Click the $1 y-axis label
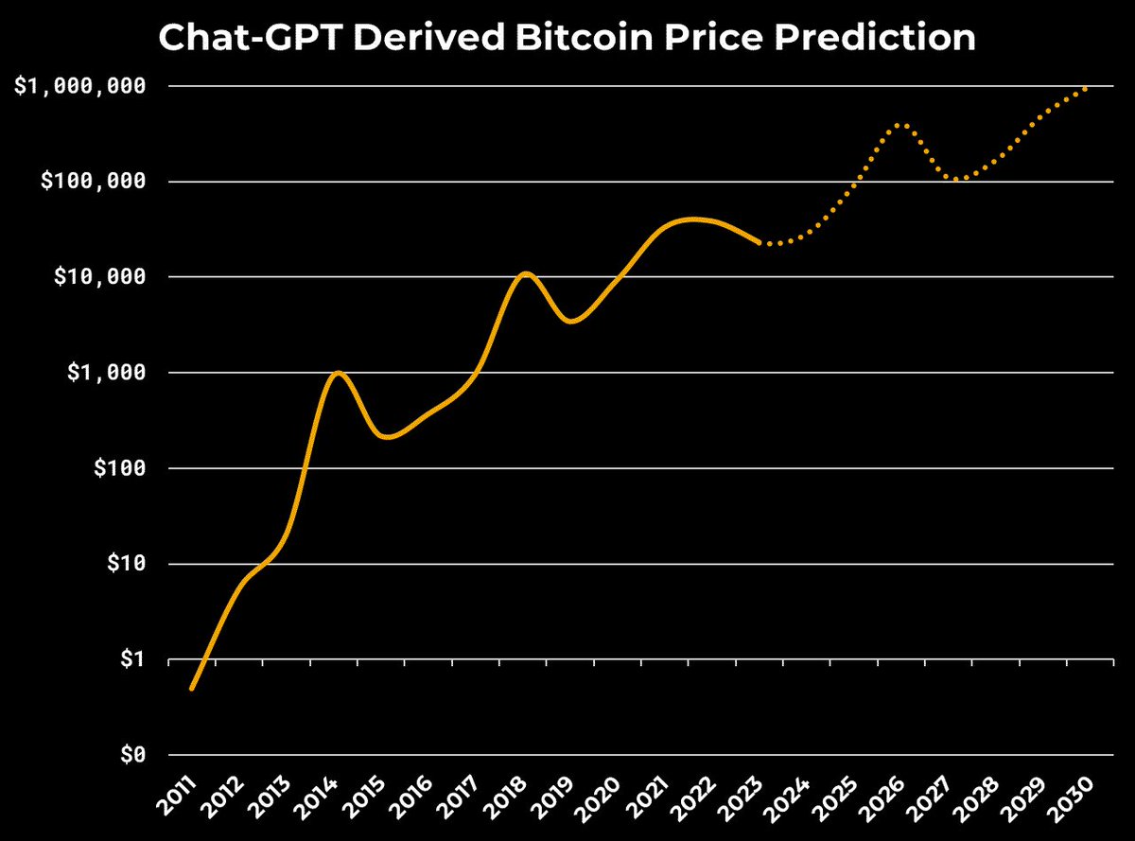(x=131, y=659)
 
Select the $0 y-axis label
(x=131, y=755)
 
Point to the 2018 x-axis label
(x=511, y=797)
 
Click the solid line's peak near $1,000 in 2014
(x=338, y=373)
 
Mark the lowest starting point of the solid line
(x=192, y=688)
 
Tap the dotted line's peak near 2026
(x=900, y=125)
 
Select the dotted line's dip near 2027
(x=959, y=179)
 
